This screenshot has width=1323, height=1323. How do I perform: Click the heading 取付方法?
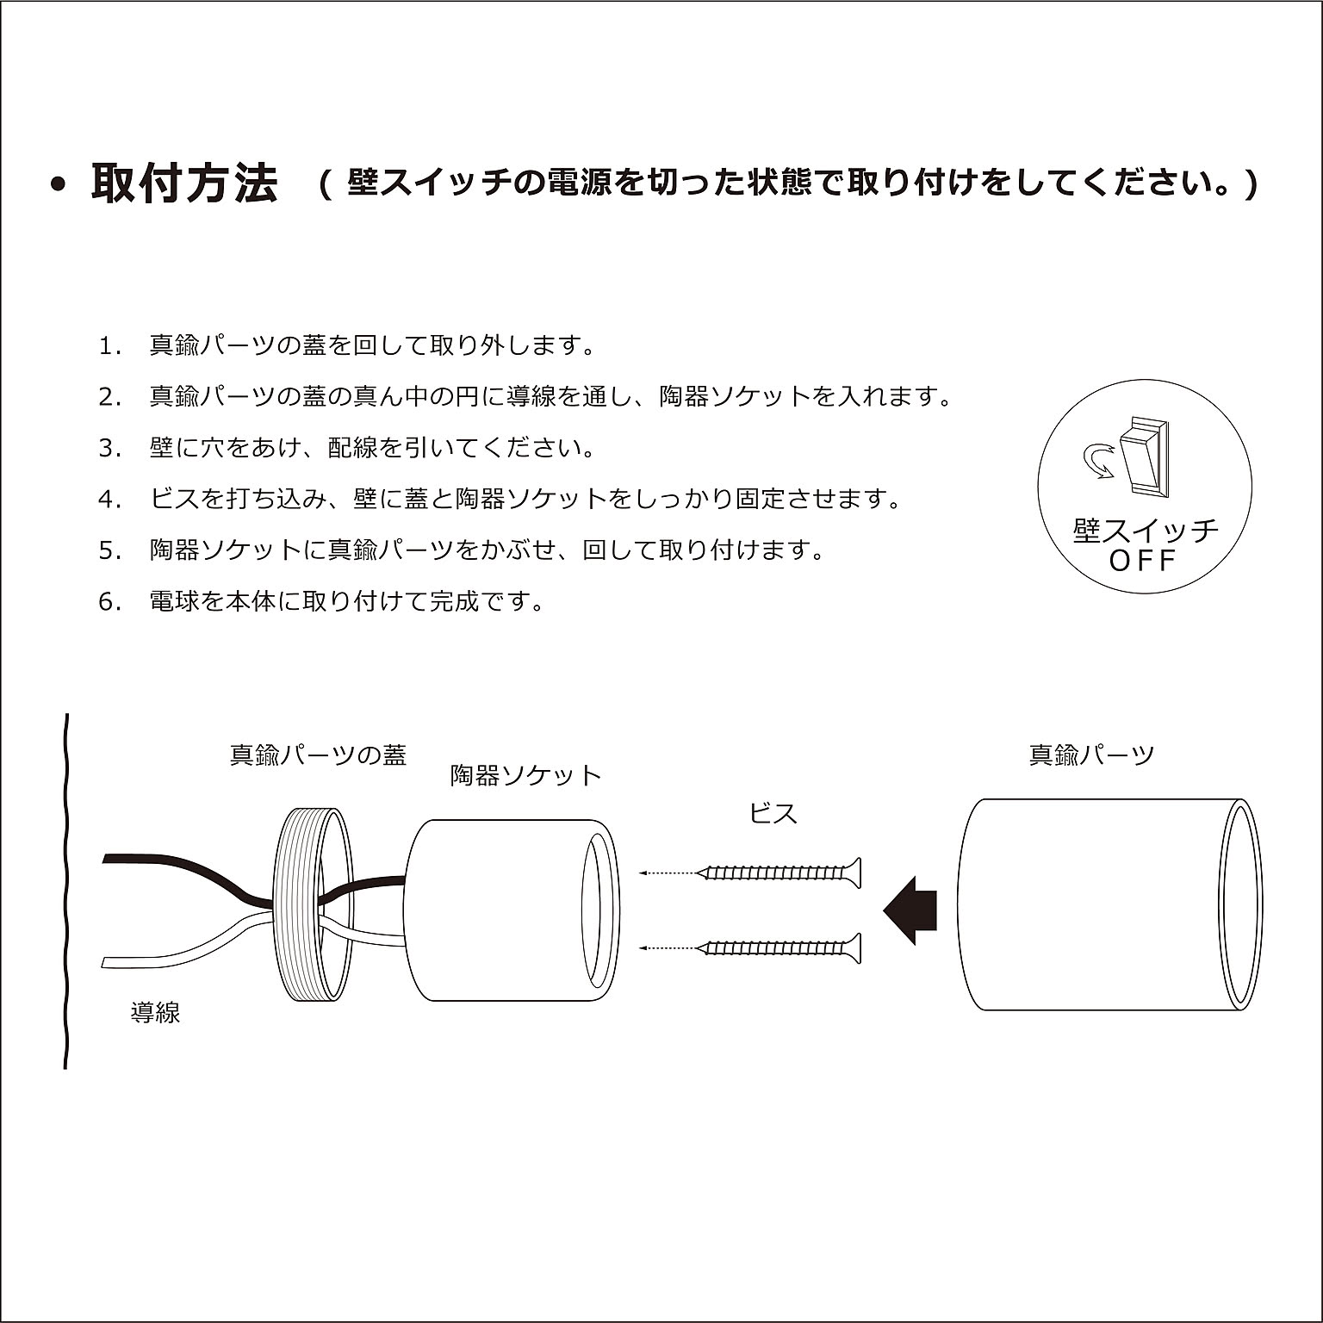[184, 183]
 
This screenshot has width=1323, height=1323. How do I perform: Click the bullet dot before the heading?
[59, 185]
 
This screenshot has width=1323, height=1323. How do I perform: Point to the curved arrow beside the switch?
[1096, 461]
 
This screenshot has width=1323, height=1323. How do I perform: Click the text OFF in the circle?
[1142, 562]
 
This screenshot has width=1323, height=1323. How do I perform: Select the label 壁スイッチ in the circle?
[1146, 529]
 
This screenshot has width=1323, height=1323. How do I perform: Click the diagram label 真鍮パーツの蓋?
[318, 755]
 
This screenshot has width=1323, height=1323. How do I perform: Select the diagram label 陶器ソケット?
[525, 775]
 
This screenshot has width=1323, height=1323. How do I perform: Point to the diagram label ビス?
[773, 812]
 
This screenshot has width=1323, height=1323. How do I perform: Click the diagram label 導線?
[155, 1012]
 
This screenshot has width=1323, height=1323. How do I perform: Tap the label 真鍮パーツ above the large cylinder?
[1091, 755]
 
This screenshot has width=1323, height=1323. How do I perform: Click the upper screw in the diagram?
[780, 873]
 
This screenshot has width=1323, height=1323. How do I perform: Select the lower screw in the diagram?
[780, 947]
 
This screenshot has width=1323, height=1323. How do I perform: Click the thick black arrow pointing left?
[910, 910]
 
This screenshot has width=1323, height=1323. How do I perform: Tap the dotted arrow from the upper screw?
[667, 873]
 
